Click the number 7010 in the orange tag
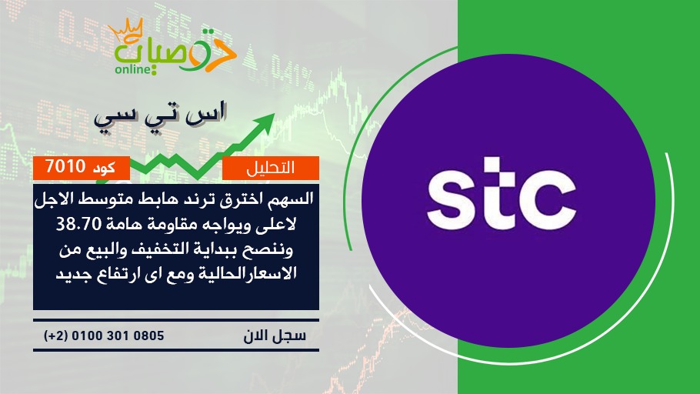coord(65,167)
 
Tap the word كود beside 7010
coord(104,168)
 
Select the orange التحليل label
coord(271,168)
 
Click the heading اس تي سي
coord(161,115)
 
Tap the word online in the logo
coord(132,69)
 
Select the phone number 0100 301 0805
coord(118,336)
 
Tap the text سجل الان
coord(275,336)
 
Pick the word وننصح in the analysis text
coord(274,249)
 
